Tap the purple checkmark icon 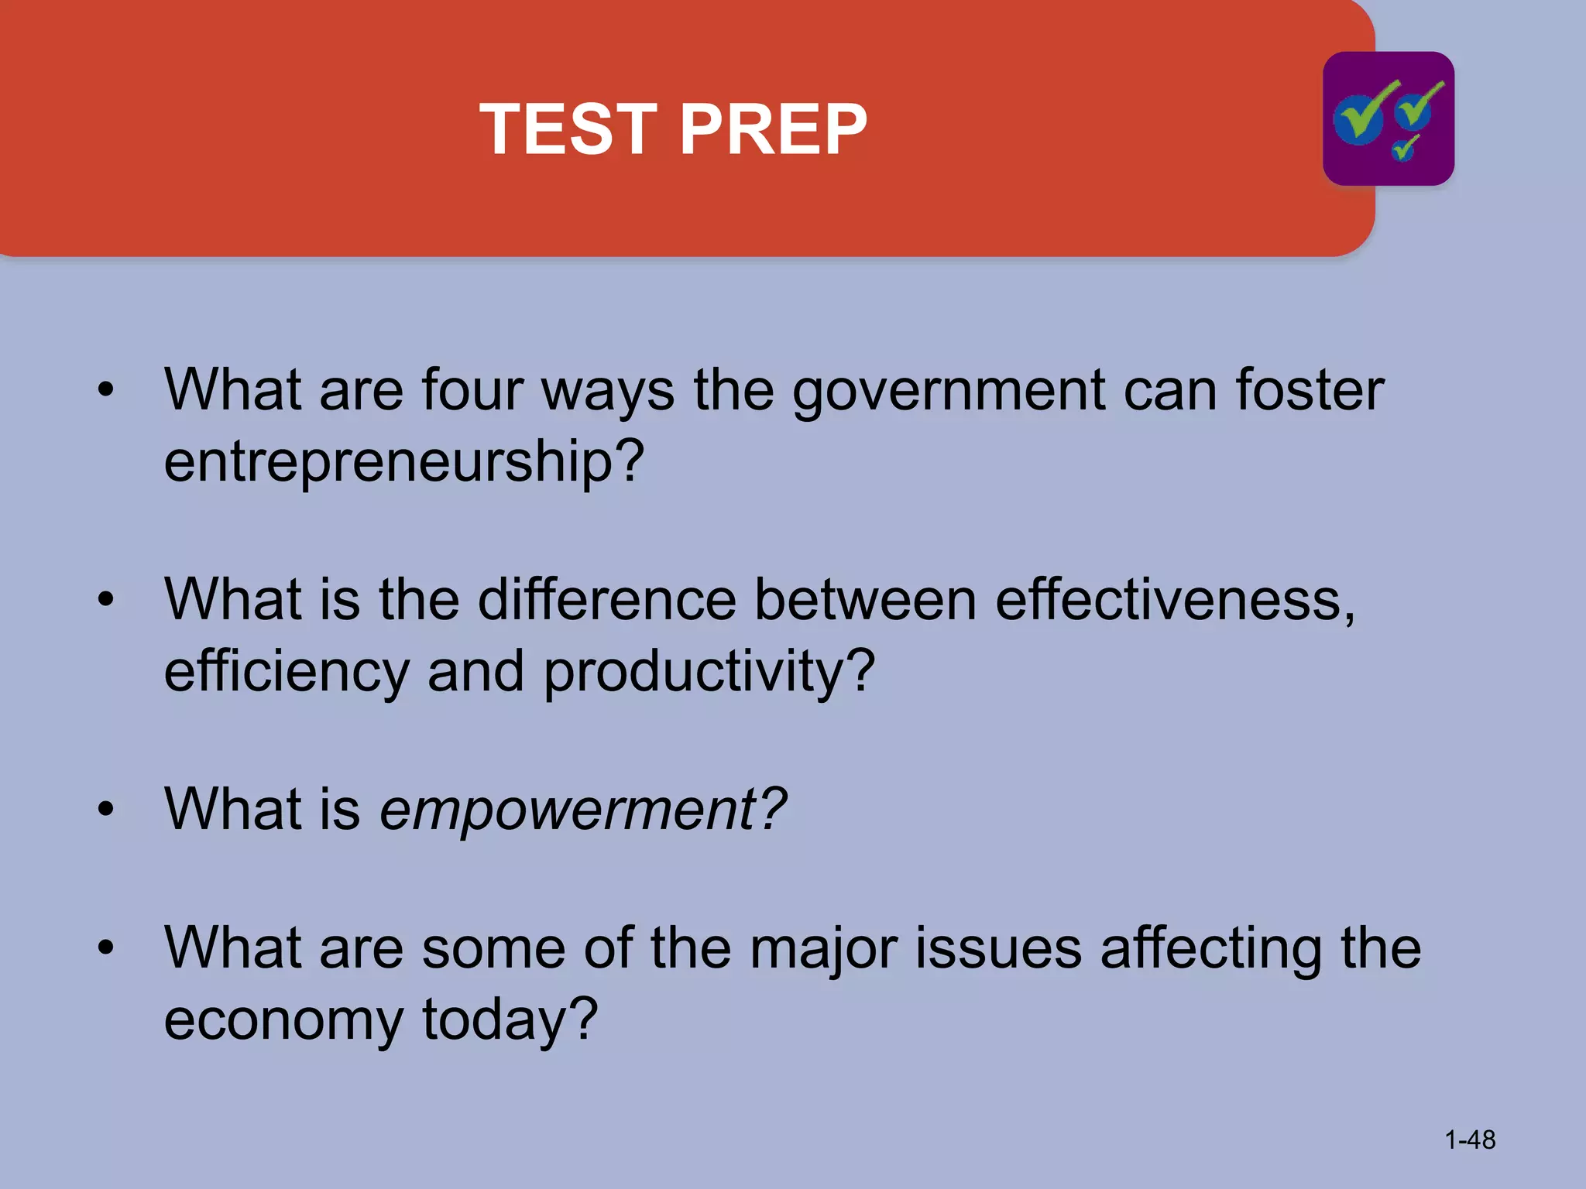[x=1388, y=118]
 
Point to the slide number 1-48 [x=1470, y=1139]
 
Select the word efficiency [x=287, y=671]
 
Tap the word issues [x=999, y=949]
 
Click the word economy [x=283, y=1020]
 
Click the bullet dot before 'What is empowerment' [x=106, y=810]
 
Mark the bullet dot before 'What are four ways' [x=106, y=389]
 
